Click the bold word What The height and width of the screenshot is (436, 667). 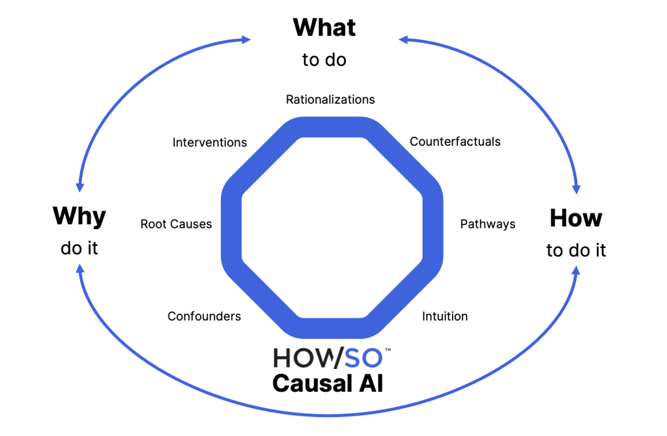coord(324,27)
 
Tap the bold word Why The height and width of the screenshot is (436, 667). coord(79,215)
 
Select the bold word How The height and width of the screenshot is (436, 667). coord(576,218)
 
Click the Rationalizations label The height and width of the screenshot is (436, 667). coord(330,100)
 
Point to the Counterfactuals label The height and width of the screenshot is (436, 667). coord(455,141)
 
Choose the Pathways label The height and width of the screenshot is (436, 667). coord(487,224)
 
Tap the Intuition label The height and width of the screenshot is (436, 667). coord(445,316)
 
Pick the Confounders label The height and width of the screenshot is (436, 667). coord(204,316)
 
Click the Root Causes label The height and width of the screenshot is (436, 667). coord(176,224)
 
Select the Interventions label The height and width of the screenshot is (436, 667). coord(210,142)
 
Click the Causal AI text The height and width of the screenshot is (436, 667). coord(328,383)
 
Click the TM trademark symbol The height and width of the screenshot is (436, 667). coord(388,350)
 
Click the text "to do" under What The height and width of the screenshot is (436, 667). coord(324,60)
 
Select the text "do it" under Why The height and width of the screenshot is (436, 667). coord(79,248)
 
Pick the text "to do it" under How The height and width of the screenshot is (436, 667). coord(576,251)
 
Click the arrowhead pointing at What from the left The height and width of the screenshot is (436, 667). coord(246,40)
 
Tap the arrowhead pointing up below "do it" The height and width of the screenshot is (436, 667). coord(79,267)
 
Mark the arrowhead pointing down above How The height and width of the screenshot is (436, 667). coord(576,189)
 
